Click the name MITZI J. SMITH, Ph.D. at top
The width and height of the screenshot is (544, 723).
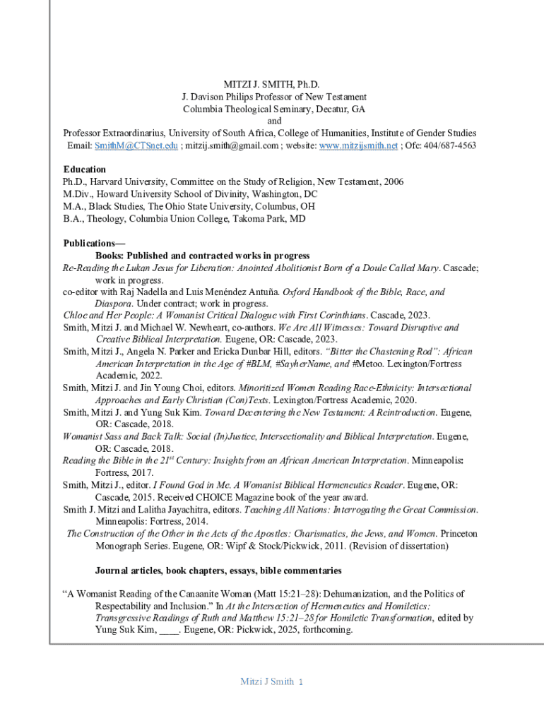271,85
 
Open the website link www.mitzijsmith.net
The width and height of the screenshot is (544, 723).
358,145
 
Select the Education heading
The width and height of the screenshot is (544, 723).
84,169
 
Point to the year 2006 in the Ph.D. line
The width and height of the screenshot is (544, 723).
393,181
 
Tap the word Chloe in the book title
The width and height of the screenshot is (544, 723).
76,316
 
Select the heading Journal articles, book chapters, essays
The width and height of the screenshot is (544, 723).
218,570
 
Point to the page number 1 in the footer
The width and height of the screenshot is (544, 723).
300,682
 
